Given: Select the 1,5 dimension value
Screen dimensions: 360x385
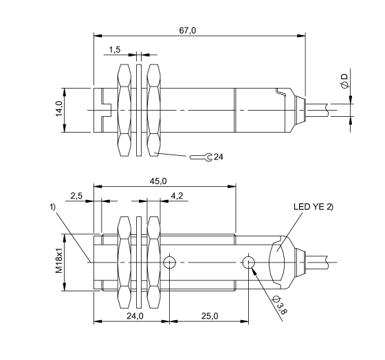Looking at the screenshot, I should click(x=115, y=49).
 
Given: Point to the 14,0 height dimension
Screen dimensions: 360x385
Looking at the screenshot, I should click(x=59, y=110).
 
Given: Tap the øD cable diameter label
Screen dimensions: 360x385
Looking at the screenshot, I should click(x=344, y=80).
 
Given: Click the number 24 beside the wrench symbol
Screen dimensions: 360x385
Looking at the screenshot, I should click(x=218, y=157).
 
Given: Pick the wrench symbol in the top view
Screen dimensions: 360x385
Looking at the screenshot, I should click(x=201, y=157).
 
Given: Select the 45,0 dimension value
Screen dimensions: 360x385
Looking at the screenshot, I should click(x=159, y=181).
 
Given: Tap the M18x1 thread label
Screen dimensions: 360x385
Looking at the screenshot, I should click(x=59, y=262).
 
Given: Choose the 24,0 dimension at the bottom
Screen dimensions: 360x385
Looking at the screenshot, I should click(x=134, y=316).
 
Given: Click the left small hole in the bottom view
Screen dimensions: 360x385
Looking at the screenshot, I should click(x=170, y=262).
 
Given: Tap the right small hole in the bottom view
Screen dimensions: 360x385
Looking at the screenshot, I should click(x=248, y=262).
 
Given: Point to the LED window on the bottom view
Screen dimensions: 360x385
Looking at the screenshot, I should click(x=281, y=262).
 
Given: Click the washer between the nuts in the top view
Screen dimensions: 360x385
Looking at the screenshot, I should click(x=139, y=110).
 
